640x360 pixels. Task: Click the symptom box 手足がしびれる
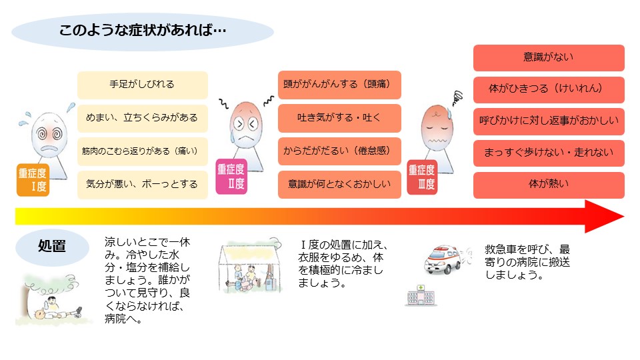coord(142,85)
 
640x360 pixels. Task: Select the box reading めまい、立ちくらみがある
coord(142,118)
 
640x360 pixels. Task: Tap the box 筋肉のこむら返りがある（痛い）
coord(142,151)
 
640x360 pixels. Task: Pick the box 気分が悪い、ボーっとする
coord(142,184)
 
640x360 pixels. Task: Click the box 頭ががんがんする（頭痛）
coord(339,85)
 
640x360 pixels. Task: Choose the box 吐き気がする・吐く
coord(339,118)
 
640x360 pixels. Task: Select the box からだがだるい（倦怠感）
coord(339,151)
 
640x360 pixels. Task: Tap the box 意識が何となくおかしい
coord(339,184)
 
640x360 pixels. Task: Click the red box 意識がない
coord(549,58)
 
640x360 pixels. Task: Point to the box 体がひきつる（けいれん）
coord(549,89)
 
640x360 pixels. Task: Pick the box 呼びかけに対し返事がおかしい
coord(549,121)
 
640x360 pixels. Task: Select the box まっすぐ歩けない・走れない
coord(549,153)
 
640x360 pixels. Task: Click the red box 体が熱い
coord(549,185)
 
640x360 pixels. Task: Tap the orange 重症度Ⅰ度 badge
coord(33,181)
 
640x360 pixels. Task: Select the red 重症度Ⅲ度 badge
coord(421,178)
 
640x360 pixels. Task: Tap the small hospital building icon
coord(421,295)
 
